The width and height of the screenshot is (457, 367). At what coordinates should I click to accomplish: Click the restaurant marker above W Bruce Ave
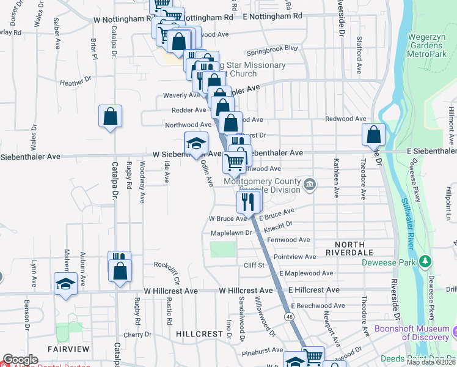tap(247, 201)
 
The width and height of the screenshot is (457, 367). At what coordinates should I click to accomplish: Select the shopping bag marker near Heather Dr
tap(110, 116)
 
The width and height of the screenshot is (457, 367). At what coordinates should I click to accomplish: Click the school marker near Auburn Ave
tap(65, 284)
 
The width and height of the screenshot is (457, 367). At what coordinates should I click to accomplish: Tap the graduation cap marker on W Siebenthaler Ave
tap(196, 144)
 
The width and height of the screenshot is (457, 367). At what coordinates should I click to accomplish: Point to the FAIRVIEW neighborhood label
tap(68, 349)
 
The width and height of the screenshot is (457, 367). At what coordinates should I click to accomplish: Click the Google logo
tap(20, 360)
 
